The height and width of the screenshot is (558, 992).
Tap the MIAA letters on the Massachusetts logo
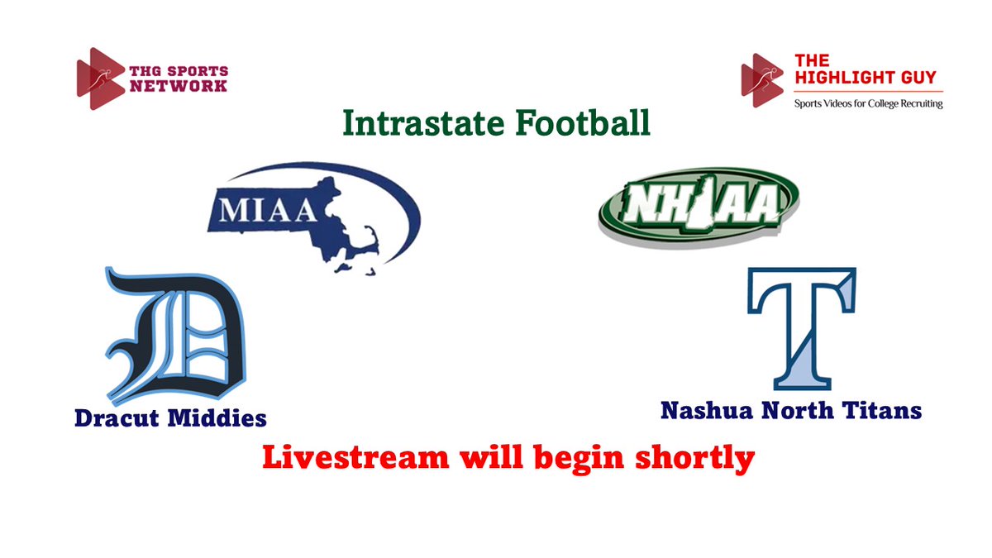pos(265,210)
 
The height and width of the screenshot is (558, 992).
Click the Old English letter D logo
pos(174,336)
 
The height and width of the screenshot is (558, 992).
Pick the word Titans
pos(888,409)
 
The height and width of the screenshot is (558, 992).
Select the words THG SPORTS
pos(178,71)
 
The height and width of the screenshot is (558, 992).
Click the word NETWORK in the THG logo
pos(178,85)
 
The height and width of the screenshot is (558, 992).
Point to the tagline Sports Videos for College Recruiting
pos(868,103)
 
